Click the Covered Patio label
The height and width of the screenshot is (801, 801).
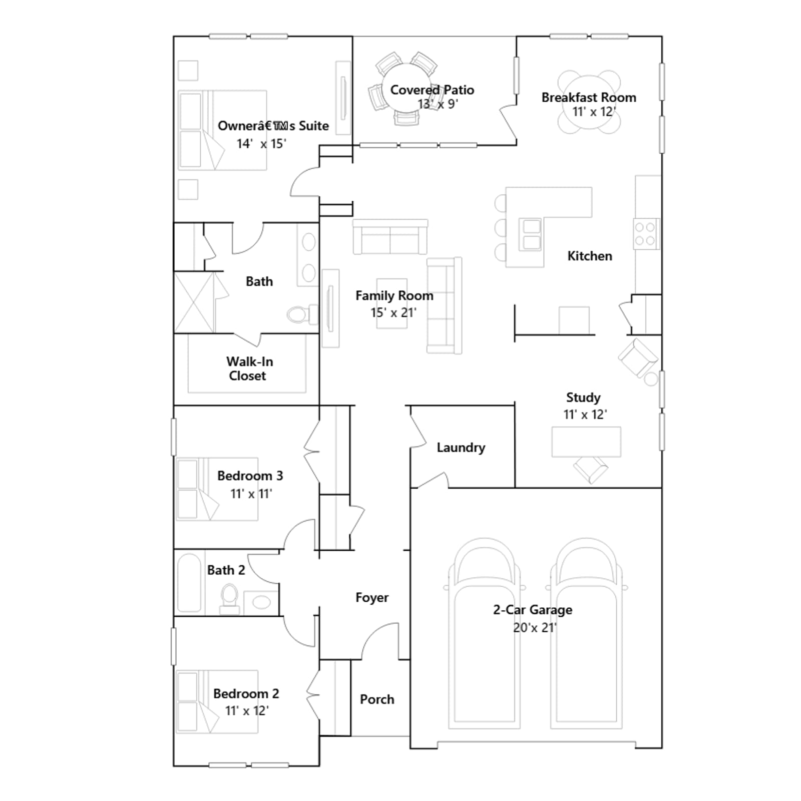pyautogui.click(x=432, y=90)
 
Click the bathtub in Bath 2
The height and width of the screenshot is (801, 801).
pyautogui.click(x=189, y=583)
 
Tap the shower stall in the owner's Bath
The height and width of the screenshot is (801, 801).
pyautogui.click(x=194, y=302)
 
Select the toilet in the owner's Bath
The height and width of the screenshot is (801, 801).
pyautogui.click(x=302, y=314)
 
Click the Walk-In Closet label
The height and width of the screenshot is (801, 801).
pyautogui.click(x=249, y=368)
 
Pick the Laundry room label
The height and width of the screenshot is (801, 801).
pyautogui.click(x=461, y=448)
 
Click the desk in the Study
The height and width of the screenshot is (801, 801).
pyautogui.click(x=586, y=442)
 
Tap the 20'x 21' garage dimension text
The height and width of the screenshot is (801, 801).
pyautogui.click(x=535, y=628)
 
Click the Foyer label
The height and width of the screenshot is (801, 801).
pyautogui.click(x=372, y=597)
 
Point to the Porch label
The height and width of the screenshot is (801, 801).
pyautogui.click(x=377, y=699)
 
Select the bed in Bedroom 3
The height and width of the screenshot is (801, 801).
pyautogui.click(x=217, y=489)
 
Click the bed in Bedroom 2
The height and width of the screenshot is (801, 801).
pyautogui.click(x=217, y=702)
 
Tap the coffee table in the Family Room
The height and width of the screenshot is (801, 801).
pyautogui.click(x=391, y=303)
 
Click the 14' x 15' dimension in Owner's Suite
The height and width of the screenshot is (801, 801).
pyautogui.click(x=261, y=144)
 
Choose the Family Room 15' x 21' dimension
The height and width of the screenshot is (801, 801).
pyautogui.click(x=393, y=313)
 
